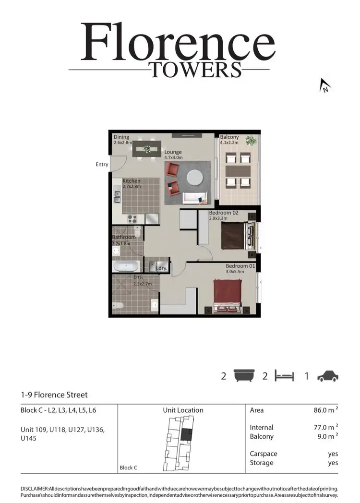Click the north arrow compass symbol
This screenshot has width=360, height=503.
pos(325,86)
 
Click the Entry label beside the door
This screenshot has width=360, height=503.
pos(102,165)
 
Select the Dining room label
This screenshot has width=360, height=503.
pos(121,137)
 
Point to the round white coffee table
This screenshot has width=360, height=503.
pos(195,177)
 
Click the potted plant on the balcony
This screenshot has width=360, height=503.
pos(251,141)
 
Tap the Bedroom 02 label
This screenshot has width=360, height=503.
pos(224,212)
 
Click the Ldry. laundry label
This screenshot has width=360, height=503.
pos(161,268)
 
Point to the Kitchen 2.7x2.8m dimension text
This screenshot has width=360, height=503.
pos(132,186)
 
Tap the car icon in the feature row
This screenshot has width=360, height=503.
pos(328,376)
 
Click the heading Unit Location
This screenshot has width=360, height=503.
pos(183,410)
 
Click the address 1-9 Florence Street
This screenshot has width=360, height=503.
pos(54,395)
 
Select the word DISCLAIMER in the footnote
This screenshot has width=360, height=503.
pos(35,488)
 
